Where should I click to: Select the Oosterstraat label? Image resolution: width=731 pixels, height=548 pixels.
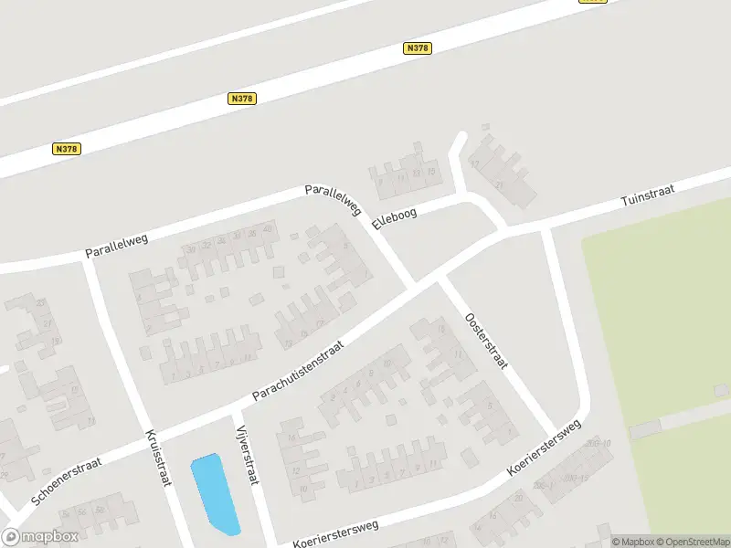(x=486, y=342)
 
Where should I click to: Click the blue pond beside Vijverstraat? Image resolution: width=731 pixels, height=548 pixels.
(x=215, y=493)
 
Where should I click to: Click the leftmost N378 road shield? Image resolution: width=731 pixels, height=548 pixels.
(x=66, y=149)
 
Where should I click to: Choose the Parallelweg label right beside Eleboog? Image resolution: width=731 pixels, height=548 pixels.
(x=334, y=200)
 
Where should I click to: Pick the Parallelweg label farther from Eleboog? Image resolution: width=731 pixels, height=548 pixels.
(x=116, y=241)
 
